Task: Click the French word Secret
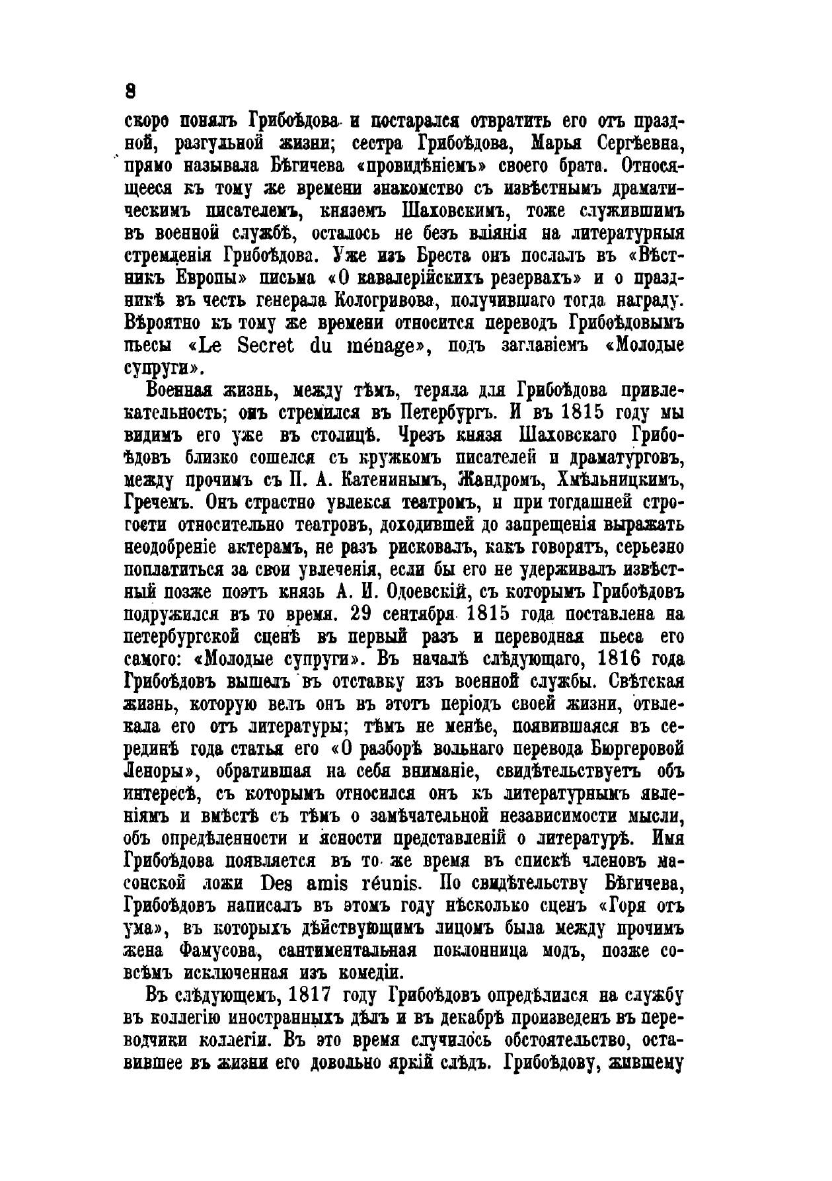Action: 253,346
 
